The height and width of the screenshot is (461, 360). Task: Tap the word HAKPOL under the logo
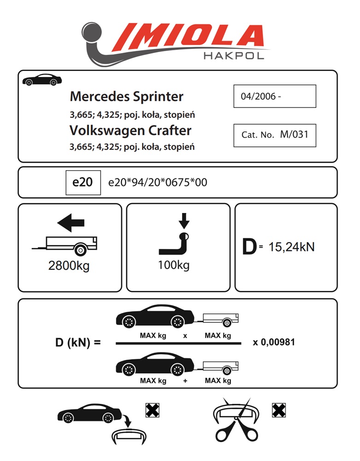click(233, 56)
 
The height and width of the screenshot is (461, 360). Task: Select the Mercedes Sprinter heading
click(126, 97)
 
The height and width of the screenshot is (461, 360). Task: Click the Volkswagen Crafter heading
click(130, 130)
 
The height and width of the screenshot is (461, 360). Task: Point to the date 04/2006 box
click(274, 96)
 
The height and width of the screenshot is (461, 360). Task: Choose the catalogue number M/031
click(274, 135)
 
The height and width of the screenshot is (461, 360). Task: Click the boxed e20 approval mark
click(83, 182)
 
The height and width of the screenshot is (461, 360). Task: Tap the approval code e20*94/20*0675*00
click(157, 183)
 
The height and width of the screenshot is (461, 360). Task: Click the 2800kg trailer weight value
click(69, 266)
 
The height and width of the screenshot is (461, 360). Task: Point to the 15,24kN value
click(291, 247)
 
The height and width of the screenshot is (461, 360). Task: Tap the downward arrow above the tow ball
click(184, 220)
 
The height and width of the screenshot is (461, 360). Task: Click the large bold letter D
click(249, 248)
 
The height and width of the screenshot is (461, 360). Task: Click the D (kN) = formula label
click(77, 343)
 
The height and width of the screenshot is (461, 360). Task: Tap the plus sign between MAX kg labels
click(185, 381)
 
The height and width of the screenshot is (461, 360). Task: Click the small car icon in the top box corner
click(40, 79)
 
